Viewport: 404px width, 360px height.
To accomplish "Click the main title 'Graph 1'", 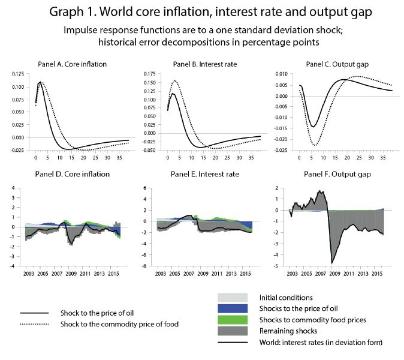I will [202, 13].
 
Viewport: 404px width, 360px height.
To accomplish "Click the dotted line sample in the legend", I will [37, 325].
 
